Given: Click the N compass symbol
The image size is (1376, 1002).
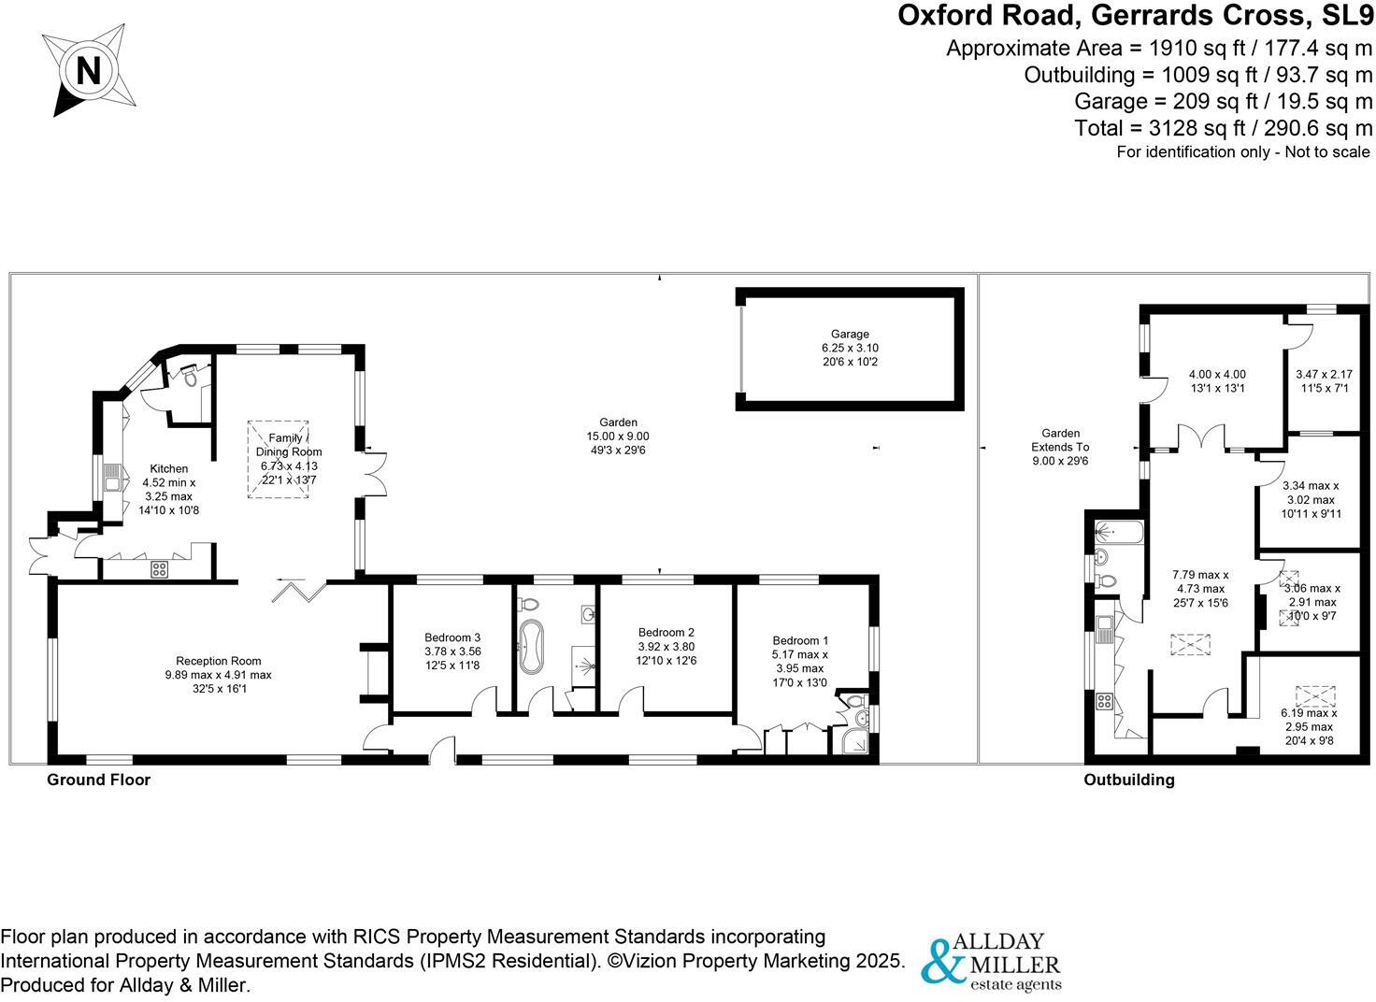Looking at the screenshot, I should pyautogui.click(x=88, y=71).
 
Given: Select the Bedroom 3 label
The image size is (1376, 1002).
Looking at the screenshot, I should pyautogui.click(x=452, y=637).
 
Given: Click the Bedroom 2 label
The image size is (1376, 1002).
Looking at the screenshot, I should pyautogui.click(x=666, y=632).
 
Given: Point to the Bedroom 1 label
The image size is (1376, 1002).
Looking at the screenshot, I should pyautogui.click(x=800, y=640).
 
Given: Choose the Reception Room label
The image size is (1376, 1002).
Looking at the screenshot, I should pyautogui.click(x=219, y=661).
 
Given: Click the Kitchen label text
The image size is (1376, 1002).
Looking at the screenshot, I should pyautogui.click(x=168, y=468).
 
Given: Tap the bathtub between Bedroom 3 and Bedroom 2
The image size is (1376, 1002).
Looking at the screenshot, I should pyautogui.click(x=532, y=646).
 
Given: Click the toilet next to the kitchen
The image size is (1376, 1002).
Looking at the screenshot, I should pyautogui.click(x=191, y=375).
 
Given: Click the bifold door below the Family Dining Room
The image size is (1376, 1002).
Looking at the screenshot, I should pyautogui.click(x=299, y=590).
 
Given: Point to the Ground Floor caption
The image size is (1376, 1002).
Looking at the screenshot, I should pyautogui.click(x=98, y=780).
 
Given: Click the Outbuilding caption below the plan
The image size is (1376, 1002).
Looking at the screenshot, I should pyautogui.click(x=1128, y=780).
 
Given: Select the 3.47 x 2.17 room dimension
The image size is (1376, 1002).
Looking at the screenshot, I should pyautogui.click(x=1323, y=375).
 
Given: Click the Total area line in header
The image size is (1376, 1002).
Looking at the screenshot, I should pyautogui.click(x=1224, y=128).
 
